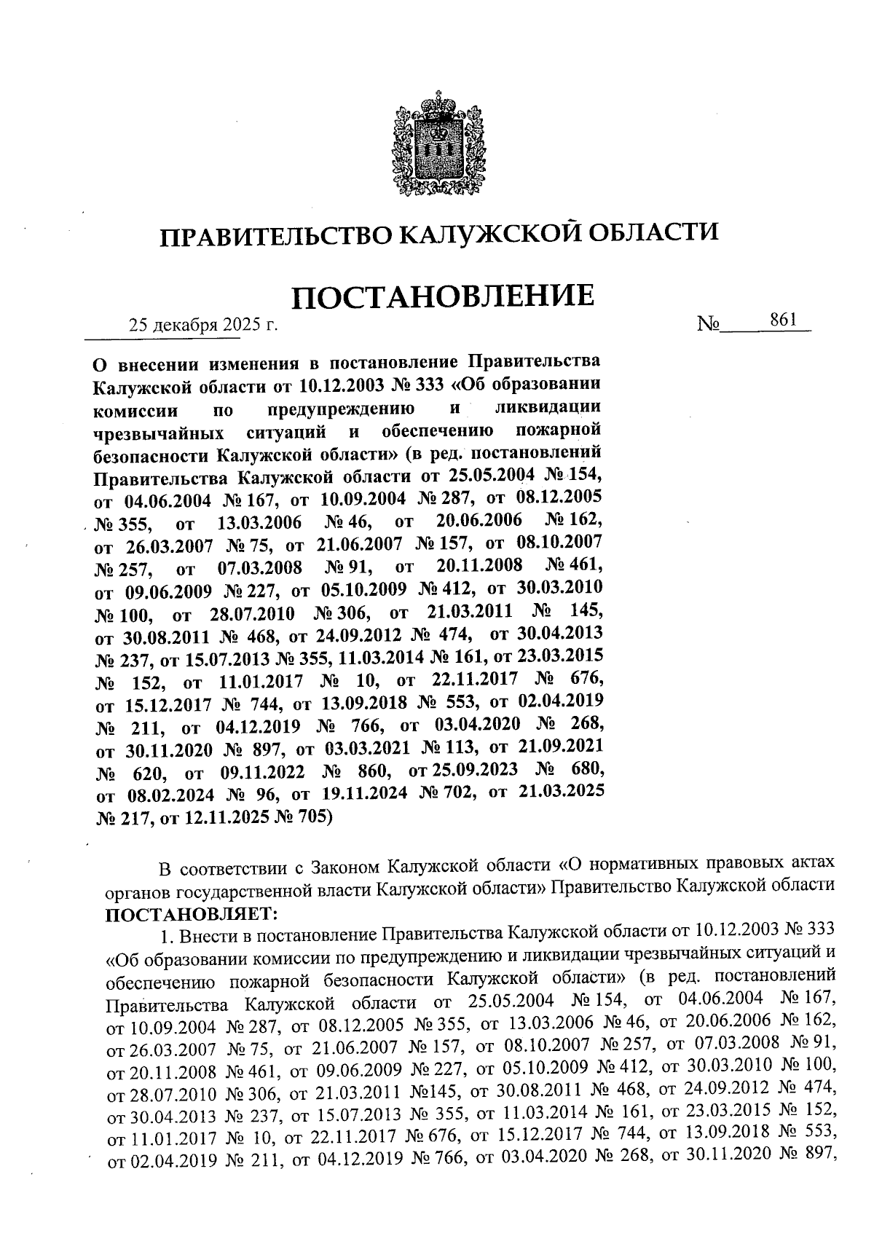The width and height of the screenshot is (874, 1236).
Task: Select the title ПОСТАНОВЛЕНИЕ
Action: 443,297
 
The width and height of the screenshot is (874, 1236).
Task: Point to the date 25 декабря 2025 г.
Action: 204,326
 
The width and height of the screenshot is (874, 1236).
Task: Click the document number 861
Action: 782,320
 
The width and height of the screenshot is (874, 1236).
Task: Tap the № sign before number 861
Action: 708,324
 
